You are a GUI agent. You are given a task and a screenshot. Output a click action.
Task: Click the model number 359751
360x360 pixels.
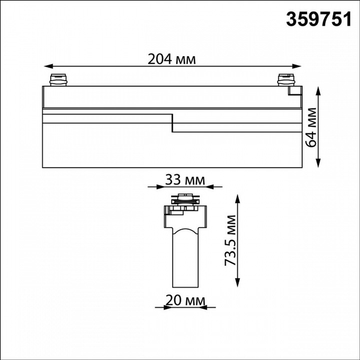pyautogui.click(x=319, y=19)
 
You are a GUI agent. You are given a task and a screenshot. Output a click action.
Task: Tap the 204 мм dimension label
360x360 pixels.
pyautogui.click(x=172, y=59)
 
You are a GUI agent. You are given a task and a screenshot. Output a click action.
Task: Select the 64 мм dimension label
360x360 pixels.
pyautogui.click(x=311, y=127)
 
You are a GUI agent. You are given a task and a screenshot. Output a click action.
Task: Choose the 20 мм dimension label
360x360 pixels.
pyautogui.click(x=185, y=301)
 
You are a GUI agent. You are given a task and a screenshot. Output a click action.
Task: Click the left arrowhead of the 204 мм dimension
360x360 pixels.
pyautogui.click(x=49, y=66)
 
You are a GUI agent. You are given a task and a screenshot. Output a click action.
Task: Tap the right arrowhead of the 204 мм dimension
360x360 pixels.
pyautogui.click(x=296, y=66)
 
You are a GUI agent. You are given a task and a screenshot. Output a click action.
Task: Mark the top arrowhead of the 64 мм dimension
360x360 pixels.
pyautogui.click(x=318, y=91)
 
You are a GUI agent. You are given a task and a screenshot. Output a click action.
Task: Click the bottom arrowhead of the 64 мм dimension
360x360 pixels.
pyautogui.click(x=318, y=163)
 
